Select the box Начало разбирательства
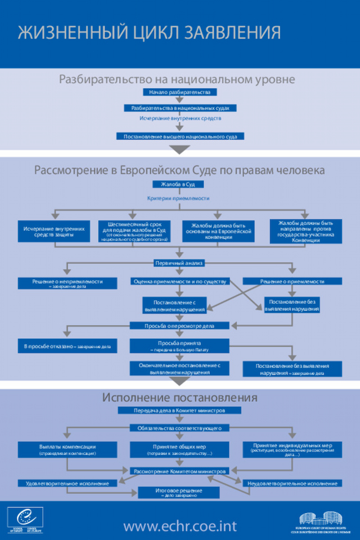click(179, 92)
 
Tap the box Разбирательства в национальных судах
click(179, 107)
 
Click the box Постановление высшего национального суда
click(179, 136)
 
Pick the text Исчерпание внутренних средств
click(180, 119)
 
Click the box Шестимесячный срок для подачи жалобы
click(133, 231)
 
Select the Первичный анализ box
click(179, 263)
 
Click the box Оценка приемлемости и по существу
click(179, 281)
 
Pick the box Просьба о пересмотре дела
click(179, 326)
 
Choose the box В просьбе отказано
click(67, 346)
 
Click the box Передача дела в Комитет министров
click(179, 411)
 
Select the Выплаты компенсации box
click(67, 449)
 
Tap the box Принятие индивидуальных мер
click(292, 449)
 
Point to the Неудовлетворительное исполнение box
click(292, 483)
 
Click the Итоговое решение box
click(179, 492)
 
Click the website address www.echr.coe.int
click(180, 526)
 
